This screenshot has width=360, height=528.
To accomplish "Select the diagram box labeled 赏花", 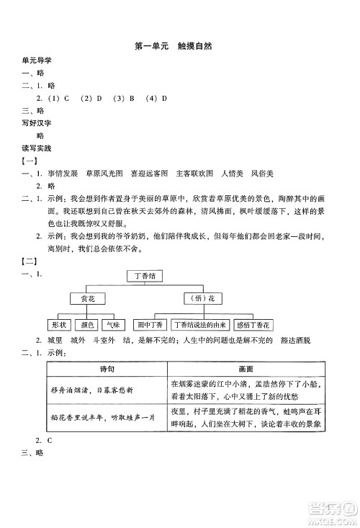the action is click(x=87, y=298).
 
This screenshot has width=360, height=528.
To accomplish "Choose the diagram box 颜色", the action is click(x=87, y=324).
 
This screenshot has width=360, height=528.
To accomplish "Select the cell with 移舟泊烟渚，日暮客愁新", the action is click(x=107, y=390).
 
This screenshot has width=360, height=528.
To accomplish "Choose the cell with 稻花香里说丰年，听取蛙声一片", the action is click(x=107, y=421).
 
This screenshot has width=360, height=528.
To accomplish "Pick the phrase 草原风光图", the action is click(x=105, y=174).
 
